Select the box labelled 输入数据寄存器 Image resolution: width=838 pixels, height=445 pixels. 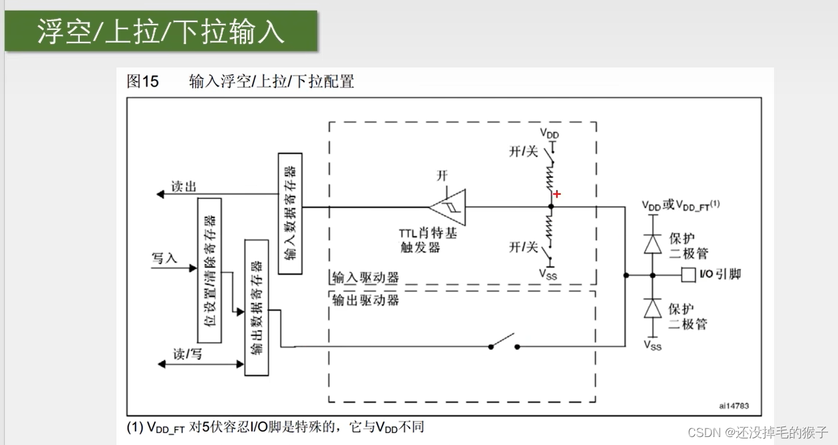pyautogui.click(x=290, y=214)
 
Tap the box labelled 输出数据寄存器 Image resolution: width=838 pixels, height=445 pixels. pyautogui.click(x=257, y=307)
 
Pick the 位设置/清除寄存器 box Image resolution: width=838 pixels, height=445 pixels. pyautogui.click(x=209, y=269)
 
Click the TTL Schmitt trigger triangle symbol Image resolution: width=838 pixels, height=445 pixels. pyautogui.click(x=448, y=207)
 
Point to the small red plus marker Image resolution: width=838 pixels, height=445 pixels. pyautogui.click(x=557, y=194)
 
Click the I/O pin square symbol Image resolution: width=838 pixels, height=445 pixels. pyautogui.click(x=688, y=274)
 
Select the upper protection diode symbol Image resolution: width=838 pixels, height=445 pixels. pyautogui.click(x=652, y=244)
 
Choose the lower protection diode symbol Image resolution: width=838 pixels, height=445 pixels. pyautogui.click(x=652, y=309)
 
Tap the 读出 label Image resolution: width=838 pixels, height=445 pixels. pyautogui.click(x=184, y=187)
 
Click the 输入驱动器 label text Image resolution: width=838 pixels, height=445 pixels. pyautogui.click(x=365, y=277)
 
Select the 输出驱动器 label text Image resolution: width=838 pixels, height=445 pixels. pyautogui.click(x=365, y=300)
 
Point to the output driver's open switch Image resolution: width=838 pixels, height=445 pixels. pyautogui.click(x=504, y=343)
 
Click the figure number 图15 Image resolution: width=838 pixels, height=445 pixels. pyautogui.click(x=143, y=82)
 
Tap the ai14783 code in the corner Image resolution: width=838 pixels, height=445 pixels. pyautogui.click(x=734, y=404)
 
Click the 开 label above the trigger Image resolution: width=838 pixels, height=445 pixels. pyautogui.click(x=442, y=176)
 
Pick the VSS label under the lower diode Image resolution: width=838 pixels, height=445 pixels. pyautogui.click(x=652, y=345)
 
